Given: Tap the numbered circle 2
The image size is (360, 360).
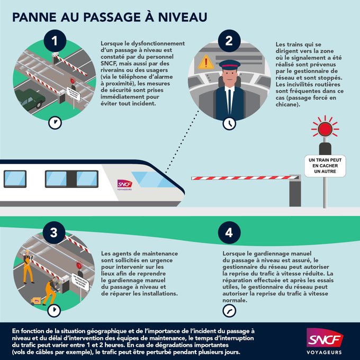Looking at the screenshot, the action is tap(229, 41).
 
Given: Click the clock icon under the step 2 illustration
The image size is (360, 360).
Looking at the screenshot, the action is tap(229, 123).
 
